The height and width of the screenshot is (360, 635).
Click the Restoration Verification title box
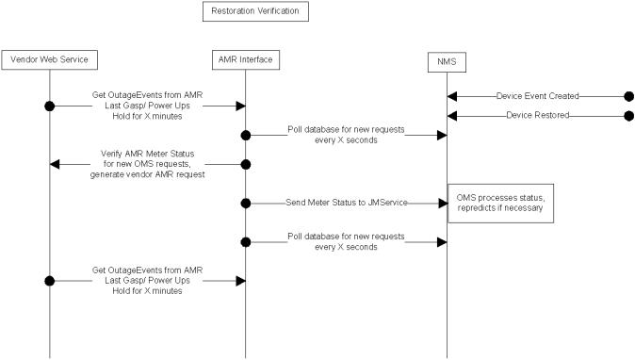(254, 12)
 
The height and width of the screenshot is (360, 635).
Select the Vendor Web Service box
(49, 60)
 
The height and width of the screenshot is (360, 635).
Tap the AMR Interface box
(246, 60)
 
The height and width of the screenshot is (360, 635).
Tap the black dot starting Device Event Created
(628, 96)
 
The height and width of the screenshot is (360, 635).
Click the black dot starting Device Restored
(628, 115)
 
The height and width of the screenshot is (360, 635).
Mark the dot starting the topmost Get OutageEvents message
(49, 106)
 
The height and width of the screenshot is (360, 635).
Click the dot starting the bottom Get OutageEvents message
(49, 280)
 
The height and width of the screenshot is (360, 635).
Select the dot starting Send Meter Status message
(246, 203)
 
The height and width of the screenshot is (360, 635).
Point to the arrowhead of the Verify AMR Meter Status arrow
(55, 164)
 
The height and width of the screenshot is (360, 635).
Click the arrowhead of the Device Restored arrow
(452, 115)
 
